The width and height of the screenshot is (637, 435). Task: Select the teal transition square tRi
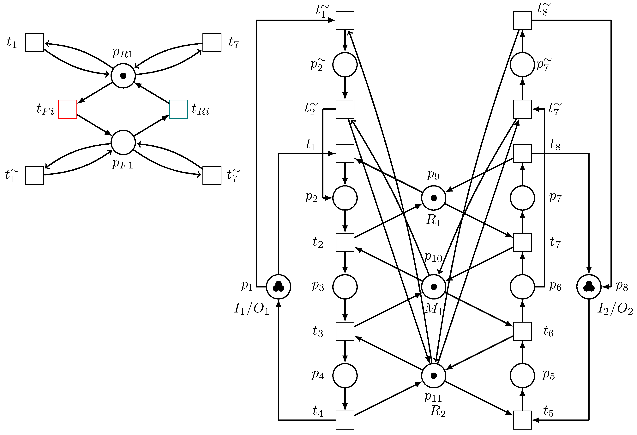tap(178, 109)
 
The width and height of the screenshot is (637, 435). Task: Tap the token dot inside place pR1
tap(123, 76)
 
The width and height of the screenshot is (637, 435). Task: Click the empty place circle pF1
tap(123, 142)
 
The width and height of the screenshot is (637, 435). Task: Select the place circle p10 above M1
tap(433, 287)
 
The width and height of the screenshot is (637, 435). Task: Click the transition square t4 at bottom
tap(345, 420)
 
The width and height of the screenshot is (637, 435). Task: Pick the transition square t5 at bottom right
tap(522, 420)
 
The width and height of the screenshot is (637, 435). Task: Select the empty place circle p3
tap(345, 287)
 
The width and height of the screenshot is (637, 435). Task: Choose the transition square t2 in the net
tap(345, 242)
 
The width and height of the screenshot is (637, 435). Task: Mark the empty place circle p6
tap(522, 287)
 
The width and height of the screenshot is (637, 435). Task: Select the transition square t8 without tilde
tap(522, 153)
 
